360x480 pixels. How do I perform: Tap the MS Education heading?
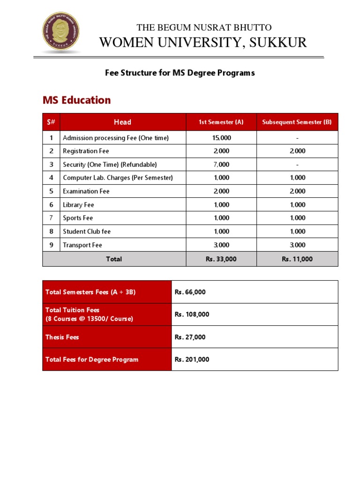[77, 100]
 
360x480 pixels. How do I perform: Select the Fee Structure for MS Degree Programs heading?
[179, 73]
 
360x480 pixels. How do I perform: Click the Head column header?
[122, 122]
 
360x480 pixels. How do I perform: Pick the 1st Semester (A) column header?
[221, 122]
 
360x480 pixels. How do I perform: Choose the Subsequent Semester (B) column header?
[297, 122]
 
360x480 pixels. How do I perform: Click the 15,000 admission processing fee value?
[221, 138]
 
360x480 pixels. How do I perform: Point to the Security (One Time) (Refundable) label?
[110, 165]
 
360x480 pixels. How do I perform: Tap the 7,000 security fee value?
[221, 165]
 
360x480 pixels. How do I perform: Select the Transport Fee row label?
[82, 245]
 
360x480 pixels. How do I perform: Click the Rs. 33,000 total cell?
[221, 259]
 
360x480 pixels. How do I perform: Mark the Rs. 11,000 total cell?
[297, 259]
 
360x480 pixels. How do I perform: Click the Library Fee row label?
[79, 205]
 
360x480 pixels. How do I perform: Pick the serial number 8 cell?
[52, 232]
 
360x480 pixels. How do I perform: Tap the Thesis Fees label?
[62, 337]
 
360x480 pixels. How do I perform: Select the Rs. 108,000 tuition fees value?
[192, 315]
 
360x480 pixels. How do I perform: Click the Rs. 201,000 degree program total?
[192, 360]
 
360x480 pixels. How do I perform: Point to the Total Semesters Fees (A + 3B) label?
[90, 292]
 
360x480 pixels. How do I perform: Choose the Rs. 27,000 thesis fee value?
[190, 337]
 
